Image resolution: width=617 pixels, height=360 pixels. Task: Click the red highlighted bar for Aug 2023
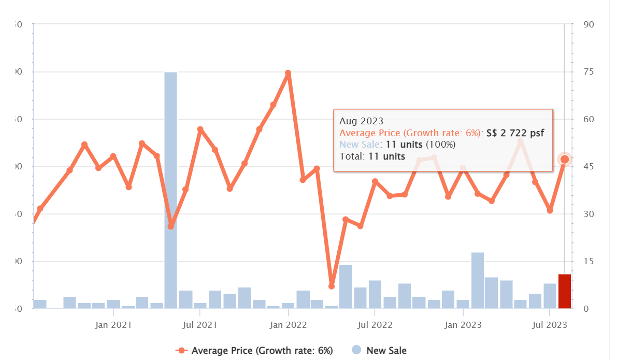pos(565,292)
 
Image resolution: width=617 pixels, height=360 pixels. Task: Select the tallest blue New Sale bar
pos(171,191)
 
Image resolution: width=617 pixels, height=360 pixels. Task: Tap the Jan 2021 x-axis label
pos(113,325)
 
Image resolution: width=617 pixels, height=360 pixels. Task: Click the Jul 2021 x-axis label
pos(199,325)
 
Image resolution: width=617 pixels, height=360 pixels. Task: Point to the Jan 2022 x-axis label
pos(288,325)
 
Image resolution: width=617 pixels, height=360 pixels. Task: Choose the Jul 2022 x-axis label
pos(374,325)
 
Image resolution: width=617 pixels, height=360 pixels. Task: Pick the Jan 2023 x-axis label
pos(463,325)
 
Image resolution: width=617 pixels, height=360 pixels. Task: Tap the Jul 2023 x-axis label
pos(550,325)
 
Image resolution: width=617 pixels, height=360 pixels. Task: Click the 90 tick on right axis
pos(588,24)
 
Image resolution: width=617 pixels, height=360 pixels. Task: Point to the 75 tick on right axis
pos(588,72)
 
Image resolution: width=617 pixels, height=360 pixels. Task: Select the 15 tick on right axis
pos(588,262)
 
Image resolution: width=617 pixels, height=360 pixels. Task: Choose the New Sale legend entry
pos(386,351)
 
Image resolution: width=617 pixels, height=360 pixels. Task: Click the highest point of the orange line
pos(288,74)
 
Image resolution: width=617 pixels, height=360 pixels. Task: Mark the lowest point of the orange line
pos(332,286)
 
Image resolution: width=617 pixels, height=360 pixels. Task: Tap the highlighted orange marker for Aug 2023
pos(565,159)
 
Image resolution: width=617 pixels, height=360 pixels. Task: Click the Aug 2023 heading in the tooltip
pos(361,121)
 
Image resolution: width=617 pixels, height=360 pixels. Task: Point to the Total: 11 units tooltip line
pos(372,156)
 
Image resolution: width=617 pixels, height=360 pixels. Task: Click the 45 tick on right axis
pos(588,167)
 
